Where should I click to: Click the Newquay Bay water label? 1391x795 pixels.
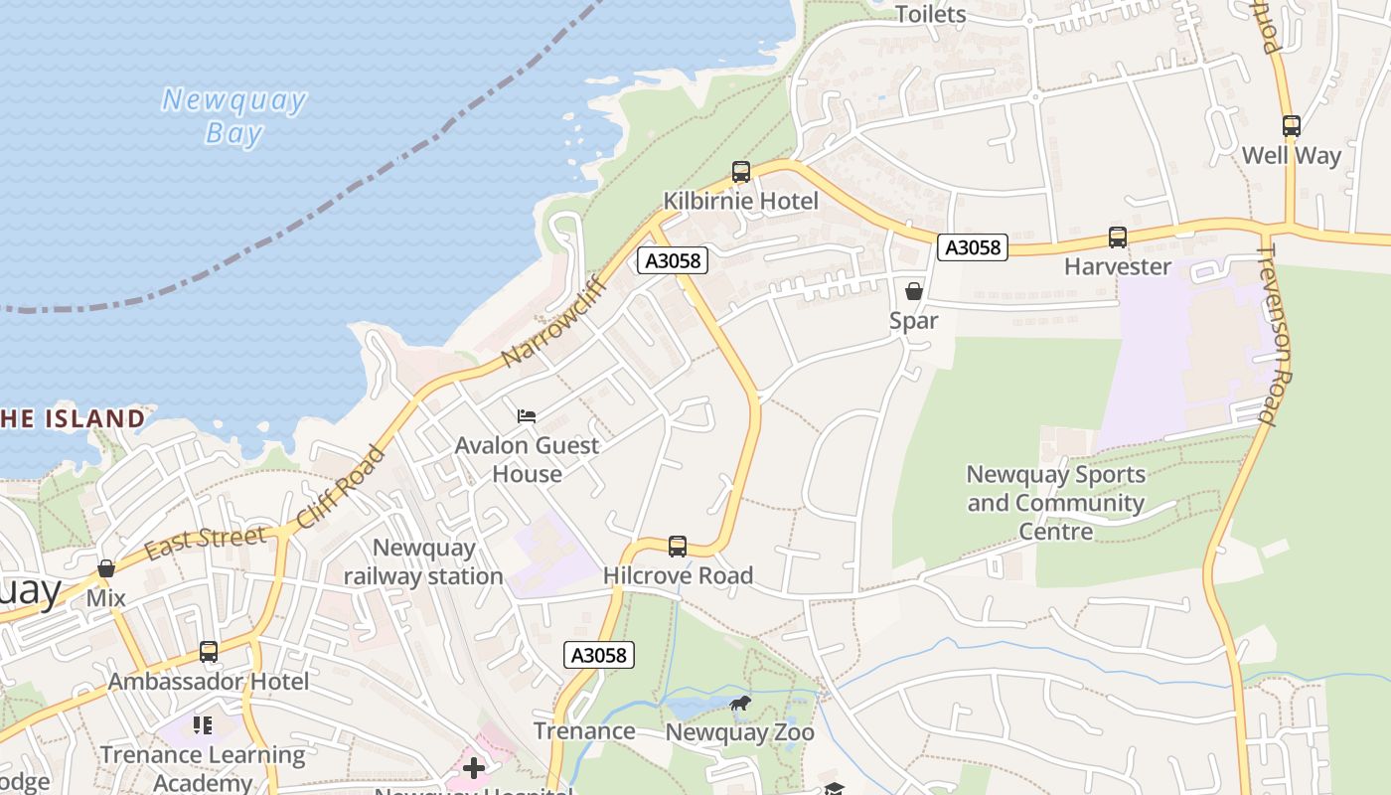(234, 116)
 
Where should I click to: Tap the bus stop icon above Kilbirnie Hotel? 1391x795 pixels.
(740, 171)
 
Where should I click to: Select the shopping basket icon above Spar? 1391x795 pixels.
(914, 291)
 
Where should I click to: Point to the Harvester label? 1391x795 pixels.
(1118, 266)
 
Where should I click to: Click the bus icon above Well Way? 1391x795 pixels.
(1291, 126)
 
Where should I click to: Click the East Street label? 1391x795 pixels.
(206, 542)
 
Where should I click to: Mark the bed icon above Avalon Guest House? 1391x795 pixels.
(527, 415)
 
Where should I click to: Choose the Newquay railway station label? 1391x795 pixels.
(424, 561)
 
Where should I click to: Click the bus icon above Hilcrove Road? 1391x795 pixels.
(678, 546)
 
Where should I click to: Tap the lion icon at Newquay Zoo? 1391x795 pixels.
(739, 705)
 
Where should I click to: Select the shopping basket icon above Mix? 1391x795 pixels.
(106, 569)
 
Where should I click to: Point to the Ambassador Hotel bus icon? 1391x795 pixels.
(209, 652)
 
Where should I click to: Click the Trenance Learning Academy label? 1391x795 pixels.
(203, 768)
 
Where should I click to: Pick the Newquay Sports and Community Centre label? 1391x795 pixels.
(1056, 503)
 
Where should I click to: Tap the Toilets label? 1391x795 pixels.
(931, 14)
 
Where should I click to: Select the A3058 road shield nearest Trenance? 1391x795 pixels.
(599, 655)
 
